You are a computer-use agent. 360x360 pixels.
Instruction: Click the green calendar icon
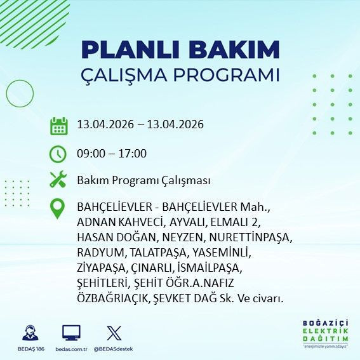coord(58,125)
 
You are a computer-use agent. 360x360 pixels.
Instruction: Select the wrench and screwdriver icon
coord(58,180)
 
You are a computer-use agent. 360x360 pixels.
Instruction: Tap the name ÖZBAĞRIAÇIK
coord(110,297)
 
